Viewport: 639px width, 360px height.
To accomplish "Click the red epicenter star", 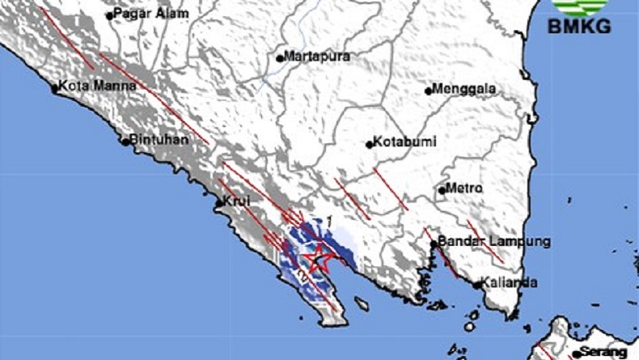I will coord(318,259).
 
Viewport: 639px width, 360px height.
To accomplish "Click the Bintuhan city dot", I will coord(125,142).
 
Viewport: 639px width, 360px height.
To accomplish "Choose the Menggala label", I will coord(465,89).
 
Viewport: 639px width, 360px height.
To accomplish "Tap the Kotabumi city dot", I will coord(370,145).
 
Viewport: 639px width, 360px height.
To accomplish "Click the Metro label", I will coord(466,188).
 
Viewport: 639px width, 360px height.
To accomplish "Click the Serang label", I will coord(607,353).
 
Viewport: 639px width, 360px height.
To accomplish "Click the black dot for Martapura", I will coord(280,58).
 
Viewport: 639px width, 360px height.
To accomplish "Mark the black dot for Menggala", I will coord(429,91).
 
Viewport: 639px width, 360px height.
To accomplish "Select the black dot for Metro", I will coord(442,190).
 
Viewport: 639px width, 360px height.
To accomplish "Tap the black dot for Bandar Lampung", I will coord(434,243).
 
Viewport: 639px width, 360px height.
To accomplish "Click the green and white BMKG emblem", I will coord(579,8).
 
